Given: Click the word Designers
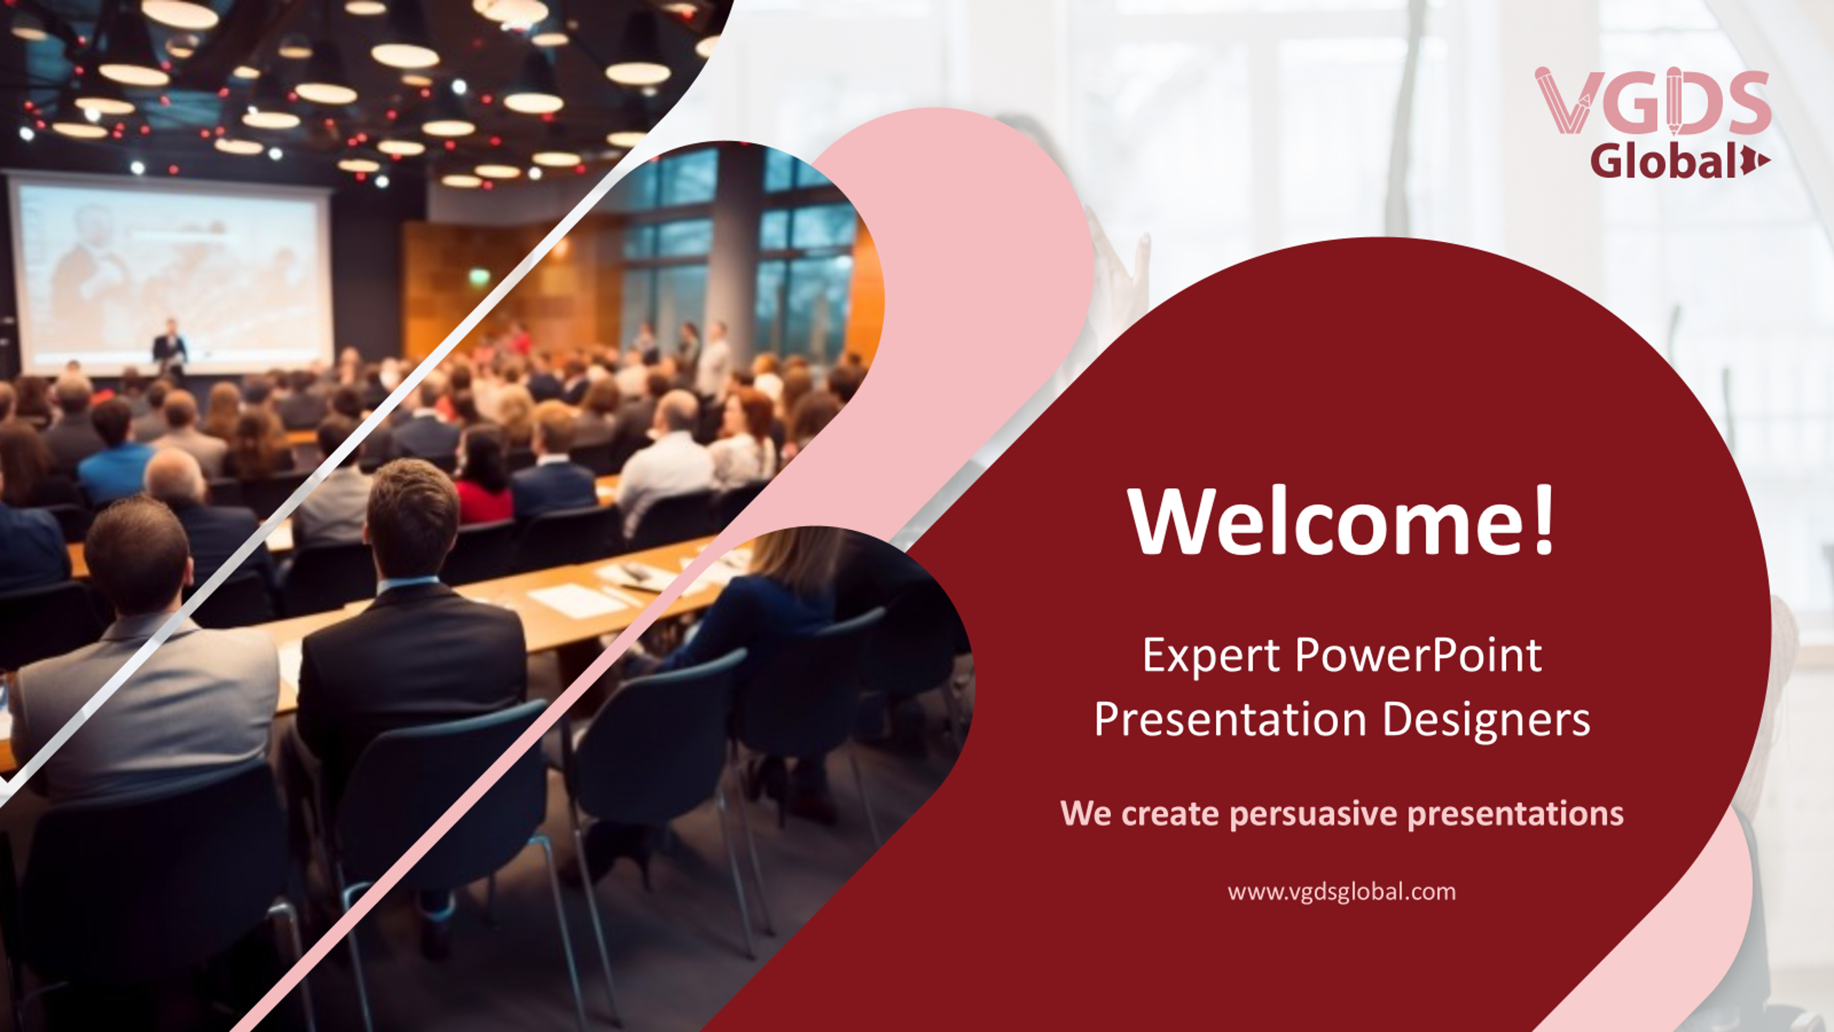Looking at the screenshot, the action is pyautogui.click(x=1487, y=720).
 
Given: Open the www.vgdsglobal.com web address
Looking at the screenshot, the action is pyautogui.click(x=1341, y=892).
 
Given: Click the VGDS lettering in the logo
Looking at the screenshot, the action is pyautogui.click(x=1652, y=102).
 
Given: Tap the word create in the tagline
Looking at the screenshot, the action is pyautogui.click(x=1170, y=814).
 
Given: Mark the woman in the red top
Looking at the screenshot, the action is pyautogui.click(x=483, y=477).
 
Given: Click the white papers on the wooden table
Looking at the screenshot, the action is pyautogui.click(x=577, y=600).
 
